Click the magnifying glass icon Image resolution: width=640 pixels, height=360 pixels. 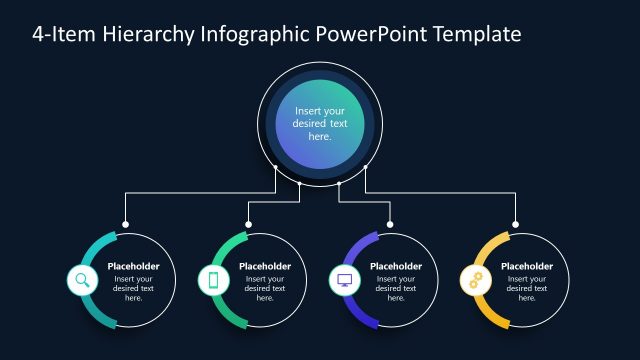[82, 280]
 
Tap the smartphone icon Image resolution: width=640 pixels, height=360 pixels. [213, 280]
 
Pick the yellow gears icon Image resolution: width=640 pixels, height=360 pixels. [475, 280]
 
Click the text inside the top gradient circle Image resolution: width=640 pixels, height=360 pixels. [319, 123]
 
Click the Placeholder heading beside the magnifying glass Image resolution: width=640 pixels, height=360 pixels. [134, 266]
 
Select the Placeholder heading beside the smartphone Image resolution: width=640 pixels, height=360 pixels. [265, 266]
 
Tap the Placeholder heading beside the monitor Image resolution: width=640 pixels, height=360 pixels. [396, 266]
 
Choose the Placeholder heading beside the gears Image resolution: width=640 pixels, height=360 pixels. [527, 266]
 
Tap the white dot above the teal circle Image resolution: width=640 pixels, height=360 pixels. [125, 224]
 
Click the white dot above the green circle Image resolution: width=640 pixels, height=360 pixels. [249, 224]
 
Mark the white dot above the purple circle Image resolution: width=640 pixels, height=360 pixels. [390, 224]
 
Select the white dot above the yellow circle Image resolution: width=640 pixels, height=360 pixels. [517, 224]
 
